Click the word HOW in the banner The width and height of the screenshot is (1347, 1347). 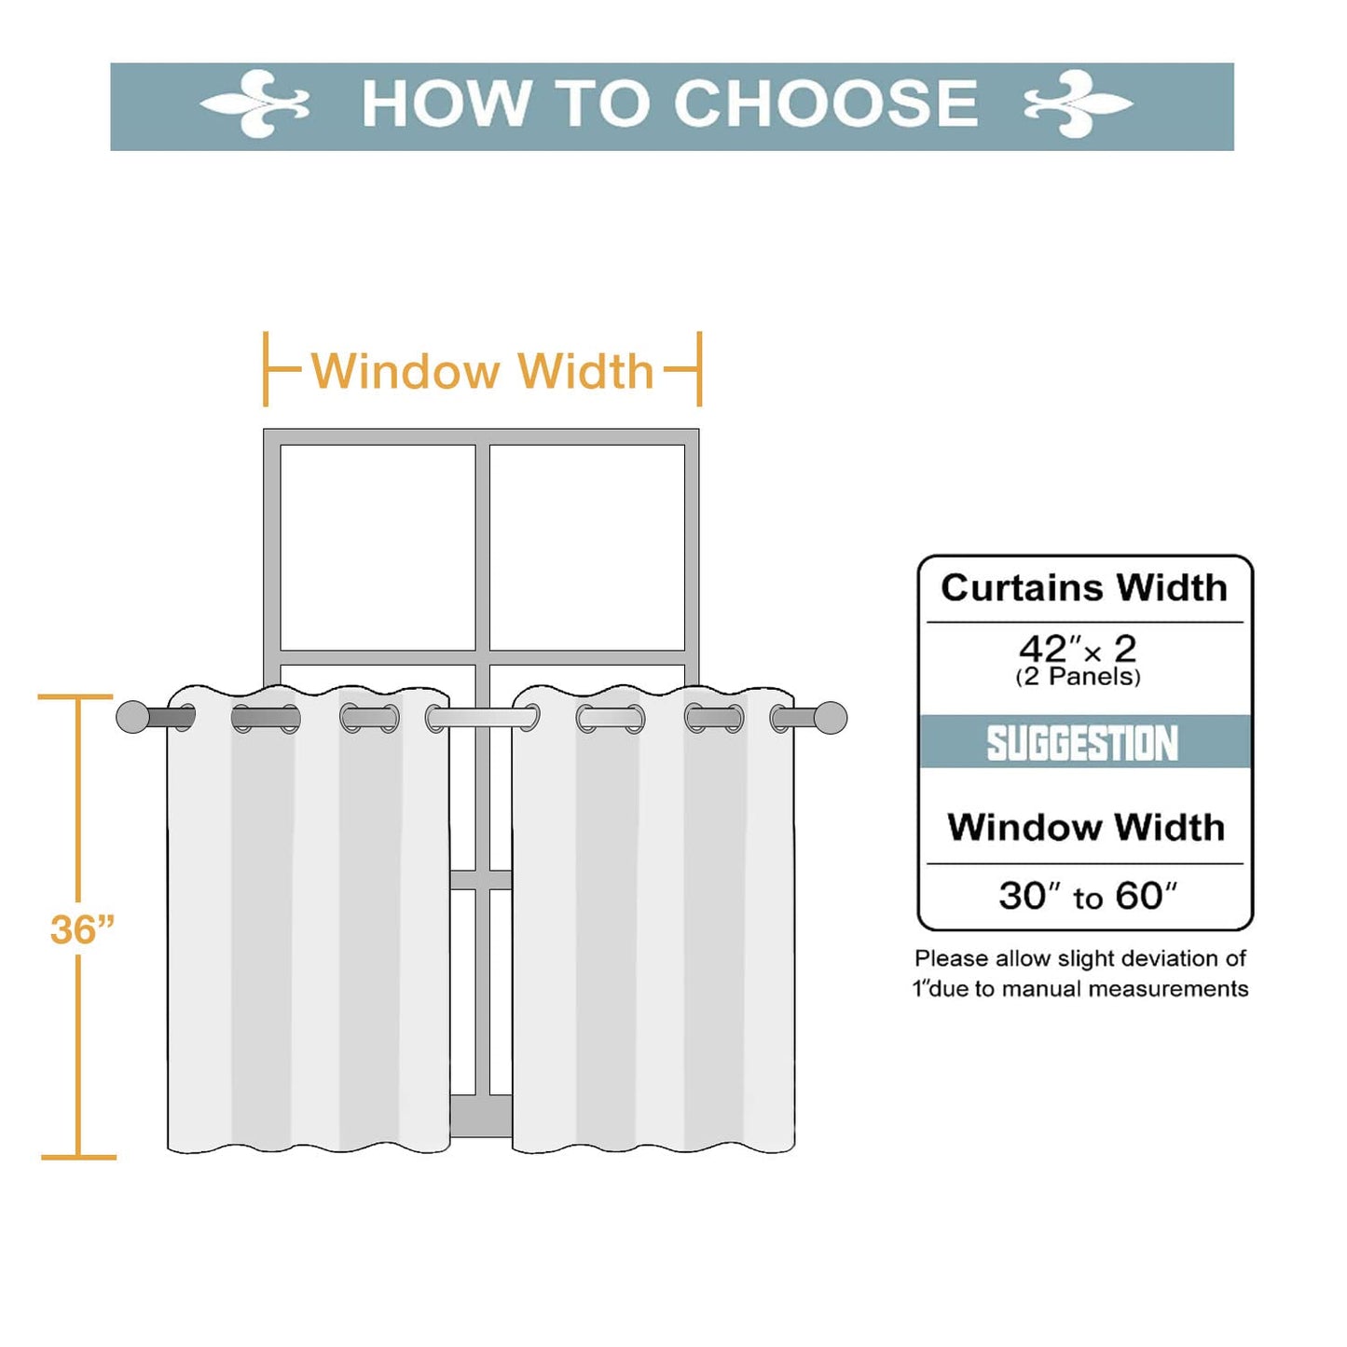(x=446, y=103)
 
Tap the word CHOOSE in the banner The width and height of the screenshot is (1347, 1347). (x=825, y=103)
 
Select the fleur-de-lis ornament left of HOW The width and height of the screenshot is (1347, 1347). (x=254, y=104)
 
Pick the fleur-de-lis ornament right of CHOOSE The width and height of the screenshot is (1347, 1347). (x=1078, y=104)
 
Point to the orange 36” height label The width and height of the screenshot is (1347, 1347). (x=82, y=929)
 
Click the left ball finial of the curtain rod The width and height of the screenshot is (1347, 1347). (x=132, y=717)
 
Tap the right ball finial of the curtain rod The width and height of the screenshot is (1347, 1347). (x=831, y=717)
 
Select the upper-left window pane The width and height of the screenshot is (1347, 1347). (x=378, y=547)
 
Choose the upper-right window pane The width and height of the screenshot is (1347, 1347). (x=586, y=547)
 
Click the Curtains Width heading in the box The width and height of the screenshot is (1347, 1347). (x=1084, y=588)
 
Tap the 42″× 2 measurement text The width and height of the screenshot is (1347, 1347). (x=1078, y=649)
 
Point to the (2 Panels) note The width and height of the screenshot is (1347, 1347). (x=1078, y=677)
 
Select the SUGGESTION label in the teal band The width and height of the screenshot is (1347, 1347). (x=1082, y=743)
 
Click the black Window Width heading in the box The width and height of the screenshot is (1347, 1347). (x=1086, y=828)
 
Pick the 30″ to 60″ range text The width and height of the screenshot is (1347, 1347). (x=1088, y=896)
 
